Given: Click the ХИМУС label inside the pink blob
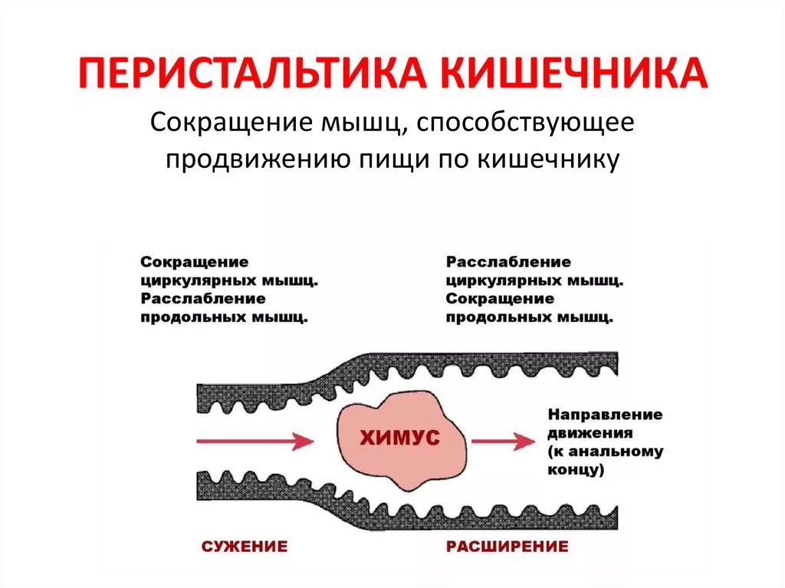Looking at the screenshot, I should pyautogui.click(x=400, y=438).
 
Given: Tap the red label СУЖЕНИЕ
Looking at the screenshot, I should pyautogui.click(x=245, y=547).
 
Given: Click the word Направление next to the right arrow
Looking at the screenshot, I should pyautogui.click(x=605, y=415).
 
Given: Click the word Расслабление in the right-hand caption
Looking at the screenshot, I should pyautogui.click(x=508, y=263).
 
